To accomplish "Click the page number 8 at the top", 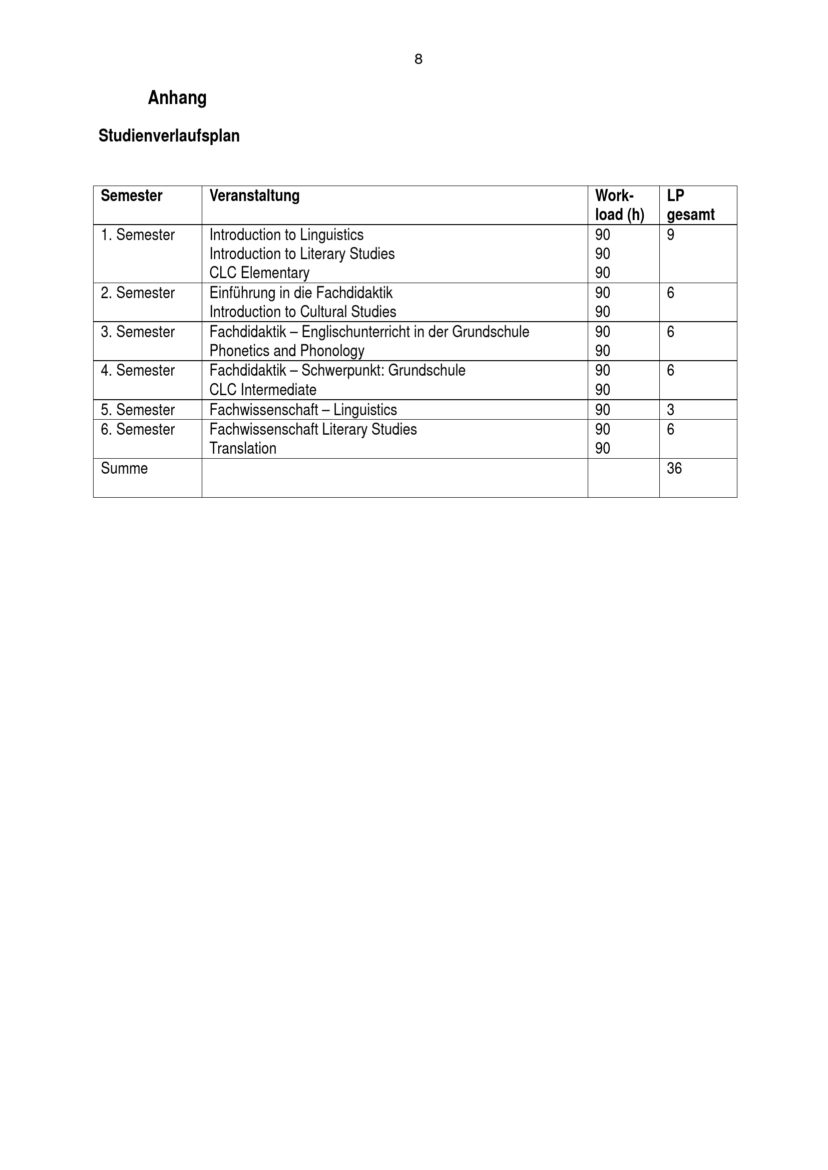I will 418,60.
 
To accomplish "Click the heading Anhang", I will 177,98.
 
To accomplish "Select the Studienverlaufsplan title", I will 169,136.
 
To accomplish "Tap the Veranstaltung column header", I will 254,196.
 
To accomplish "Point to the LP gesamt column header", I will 690,205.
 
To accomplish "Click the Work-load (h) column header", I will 619,205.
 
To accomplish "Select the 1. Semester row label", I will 138,235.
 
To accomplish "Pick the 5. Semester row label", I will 138,410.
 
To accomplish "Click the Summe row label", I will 125,468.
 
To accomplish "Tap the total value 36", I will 674,468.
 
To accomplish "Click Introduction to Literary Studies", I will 302,254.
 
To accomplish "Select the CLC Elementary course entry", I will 259,273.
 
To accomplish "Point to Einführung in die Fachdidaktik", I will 301,293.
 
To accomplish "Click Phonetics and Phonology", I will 286,351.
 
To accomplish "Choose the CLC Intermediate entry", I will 263,390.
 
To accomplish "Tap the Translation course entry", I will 243,448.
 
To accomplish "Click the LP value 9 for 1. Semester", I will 670,235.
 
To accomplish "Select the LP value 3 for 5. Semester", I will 670,410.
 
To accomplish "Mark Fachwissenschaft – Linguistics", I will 303,410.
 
